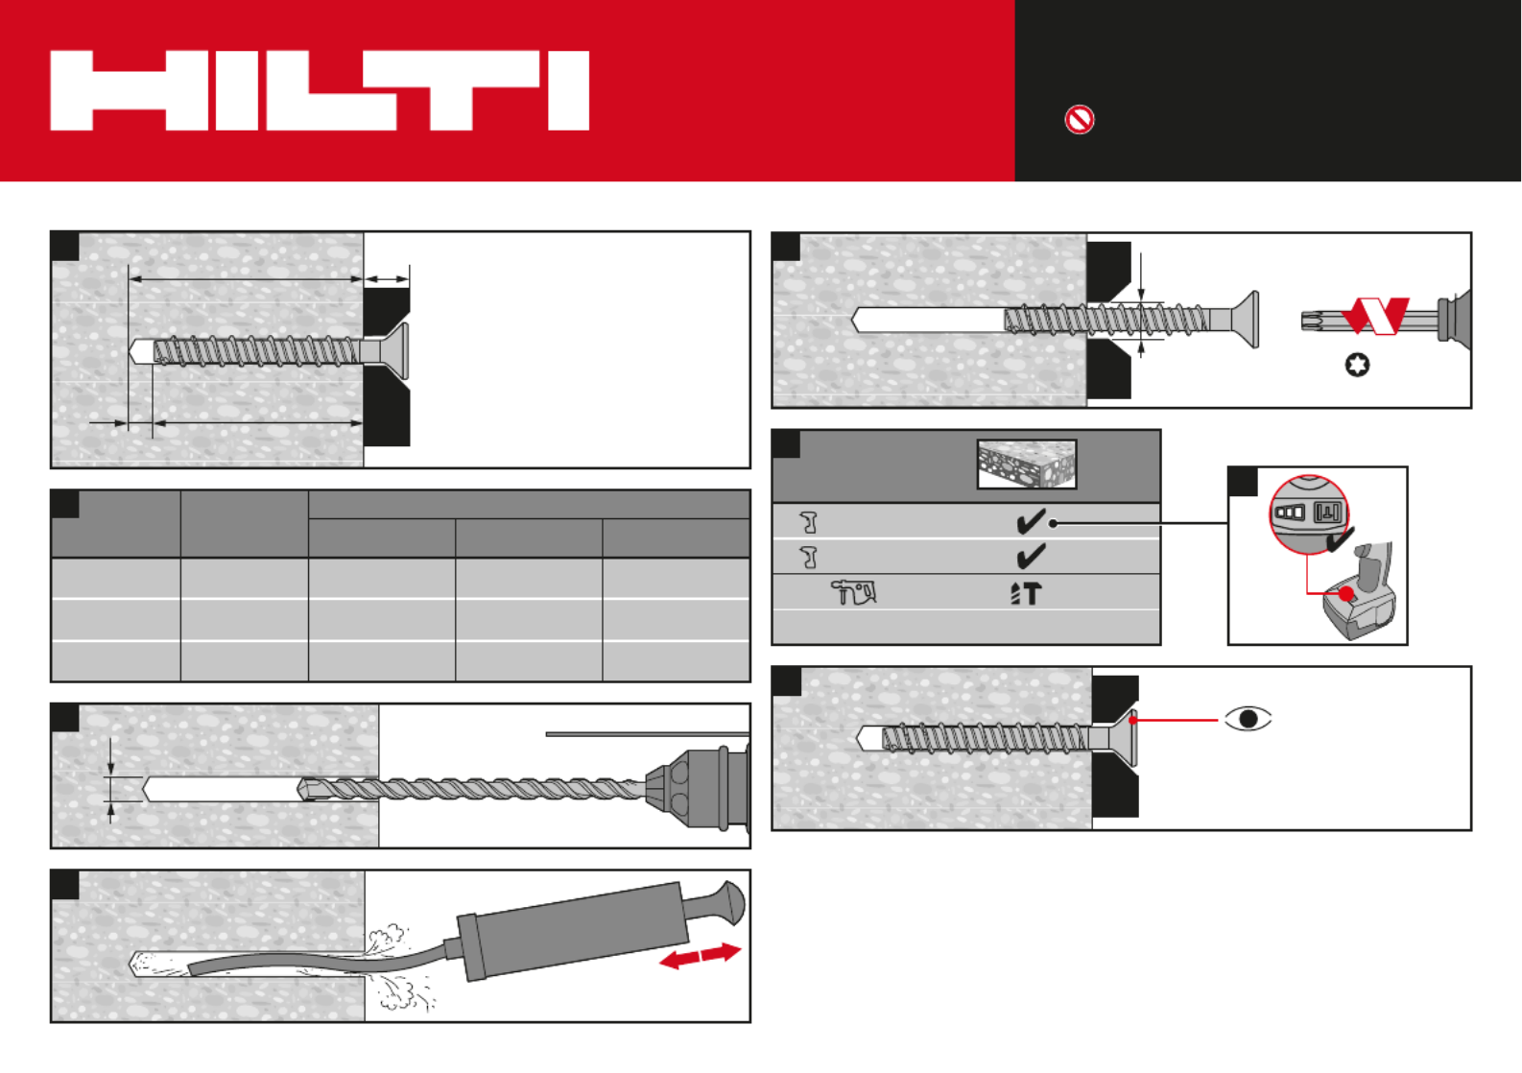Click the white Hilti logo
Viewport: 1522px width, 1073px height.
pos(320,90)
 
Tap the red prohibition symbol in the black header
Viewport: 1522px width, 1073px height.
pos(1079,120)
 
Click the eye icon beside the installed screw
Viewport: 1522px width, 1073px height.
pos(1248,719)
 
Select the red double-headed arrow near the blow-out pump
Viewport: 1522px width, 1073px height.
pos(700,956)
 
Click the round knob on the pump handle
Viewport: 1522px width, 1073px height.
pos(731,902)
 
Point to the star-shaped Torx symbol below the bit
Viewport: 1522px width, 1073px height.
pos(1358,365)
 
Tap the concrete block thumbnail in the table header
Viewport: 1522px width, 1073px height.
pos(1026,465)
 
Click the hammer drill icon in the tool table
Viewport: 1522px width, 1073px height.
pos(853,592)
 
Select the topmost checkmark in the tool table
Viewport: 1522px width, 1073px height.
pos(1031,521)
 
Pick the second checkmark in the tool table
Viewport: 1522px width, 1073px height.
pos(1031,556)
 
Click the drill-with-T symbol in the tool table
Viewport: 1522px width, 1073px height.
pos(1026,593)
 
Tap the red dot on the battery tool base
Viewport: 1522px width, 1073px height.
pos(1346,594)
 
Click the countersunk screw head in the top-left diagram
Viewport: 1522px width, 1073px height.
pos(394,350)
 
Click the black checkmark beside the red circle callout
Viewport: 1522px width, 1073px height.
pos(1341,538)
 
